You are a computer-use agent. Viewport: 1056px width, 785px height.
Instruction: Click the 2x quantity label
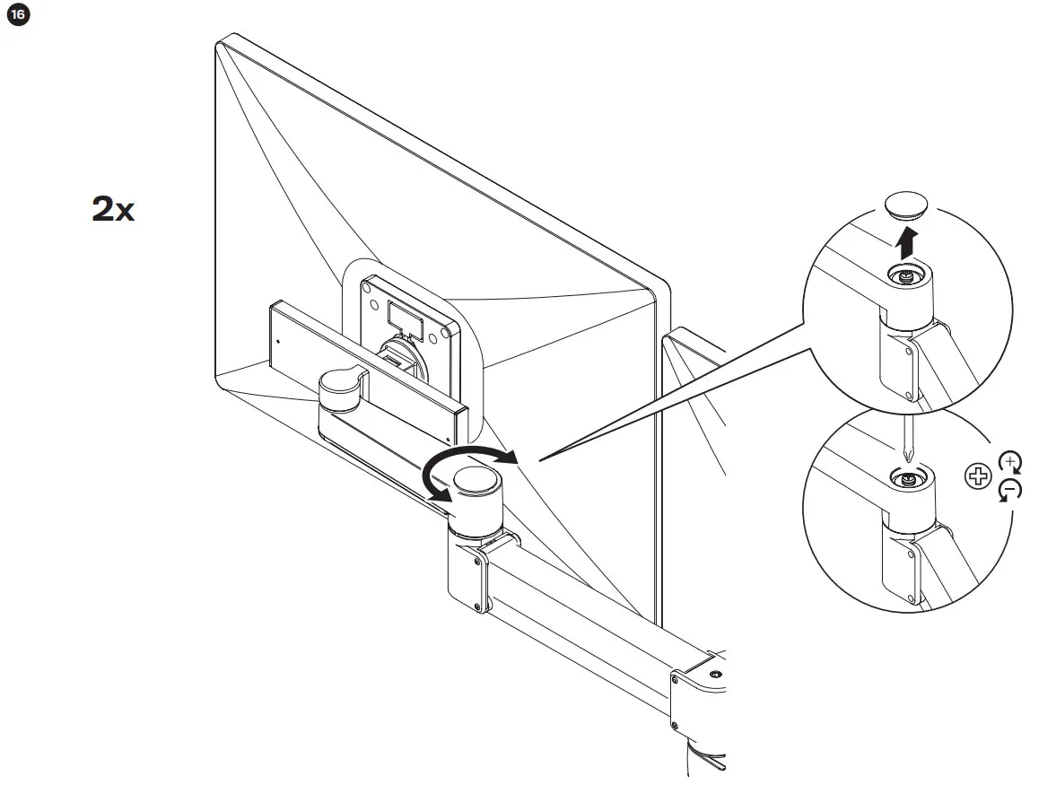pos(113,210)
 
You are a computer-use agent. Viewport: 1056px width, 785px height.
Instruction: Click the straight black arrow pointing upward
pos(908,242)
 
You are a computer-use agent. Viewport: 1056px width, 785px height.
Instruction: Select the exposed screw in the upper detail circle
pos(907,276)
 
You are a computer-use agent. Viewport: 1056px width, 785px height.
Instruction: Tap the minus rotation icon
pos(1010,490)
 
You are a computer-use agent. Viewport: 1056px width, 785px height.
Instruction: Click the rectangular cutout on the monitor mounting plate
pos(401,314)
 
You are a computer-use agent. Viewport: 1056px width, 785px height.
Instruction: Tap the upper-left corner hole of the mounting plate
pos(368,289)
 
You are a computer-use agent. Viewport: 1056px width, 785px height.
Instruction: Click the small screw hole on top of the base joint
pos(713,673)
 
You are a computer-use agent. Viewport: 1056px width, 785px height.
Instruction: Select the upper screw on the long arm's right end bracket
pos(674,680)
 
